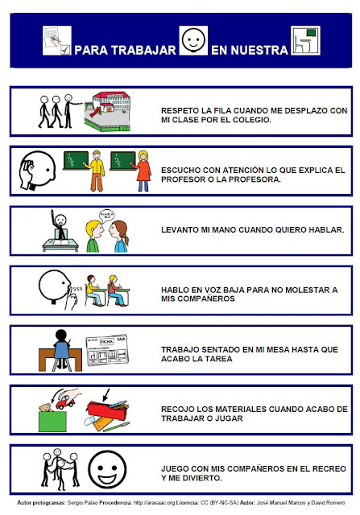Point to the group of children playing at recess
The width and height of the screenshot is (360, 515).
click(x=56, y=465)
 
